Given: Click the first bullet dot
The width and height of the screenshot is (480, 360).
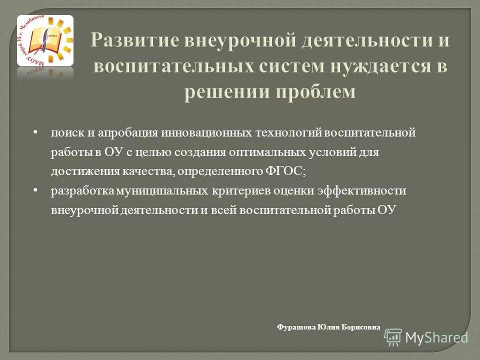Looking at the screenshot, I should (x=35, y=133).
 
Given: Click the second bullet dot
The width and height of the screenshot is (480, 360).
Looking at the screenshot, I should (x=35, y=190).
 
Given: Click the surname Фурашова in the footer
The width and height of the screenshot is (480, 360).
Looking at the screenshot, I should (x=296, y=327).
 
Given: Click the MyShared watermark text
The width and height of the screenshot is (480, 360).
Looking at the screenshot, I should (x=436, y=336).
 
